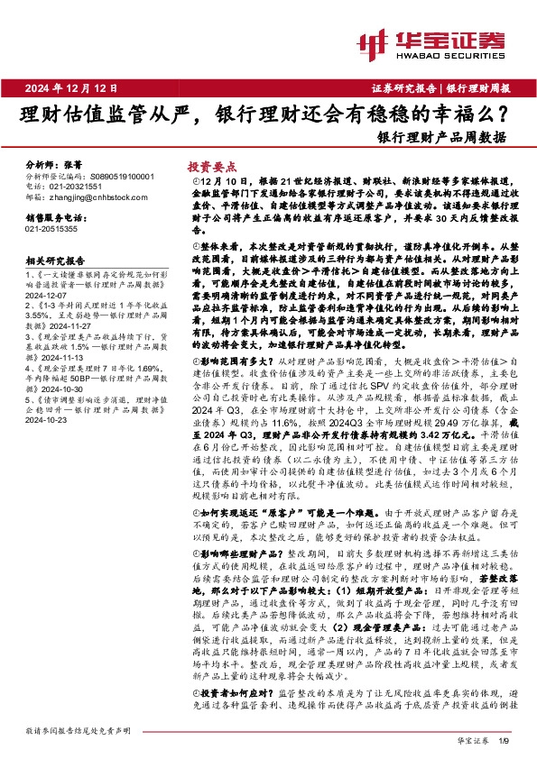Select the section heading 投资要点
211,167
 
